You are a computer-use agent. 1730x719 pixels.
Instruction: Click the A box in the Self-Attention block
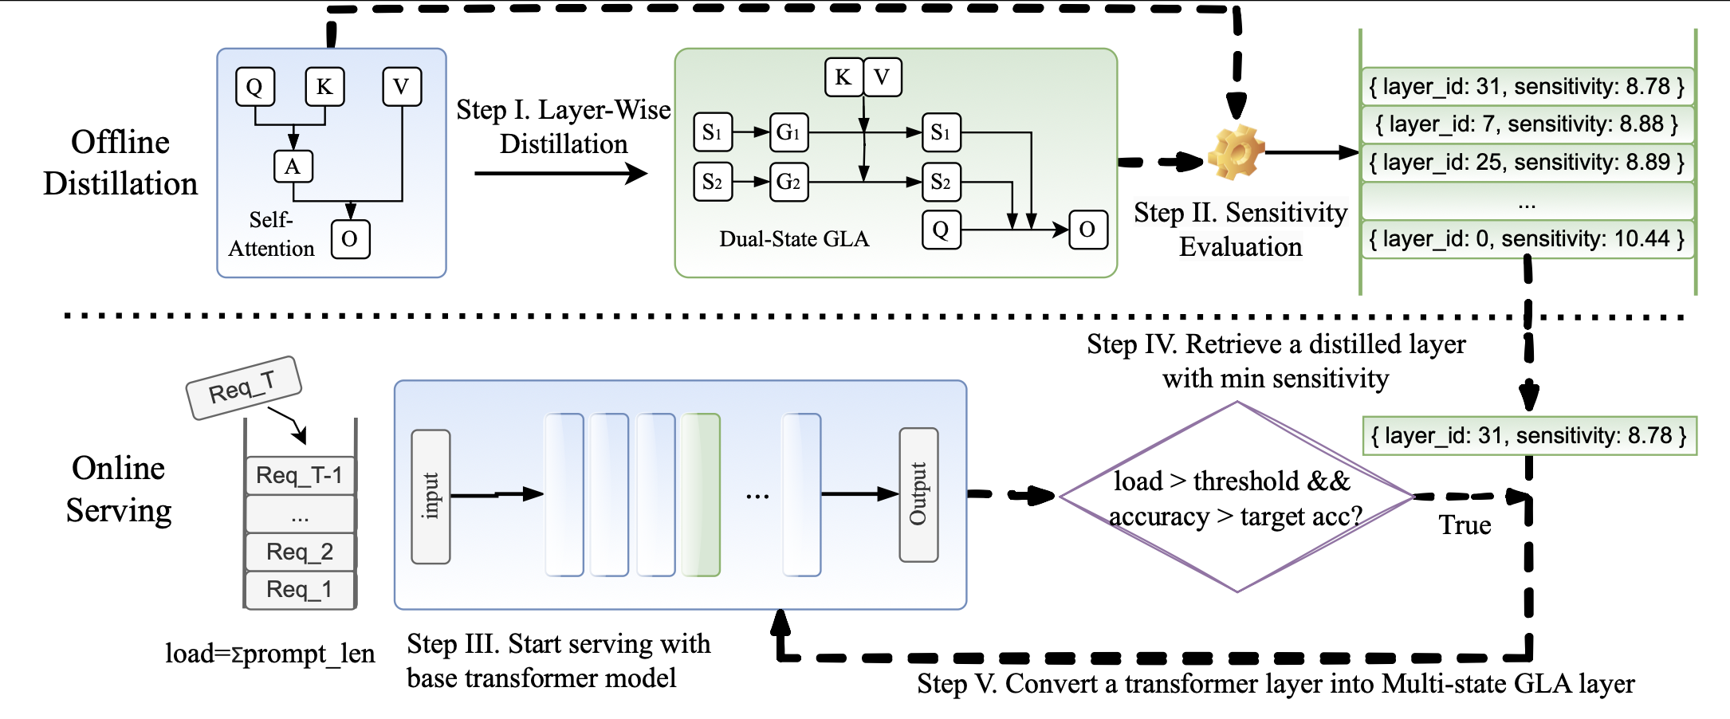[293, 167]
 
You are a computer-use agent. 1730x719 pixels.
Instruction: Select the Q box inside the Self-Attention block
[255, 87]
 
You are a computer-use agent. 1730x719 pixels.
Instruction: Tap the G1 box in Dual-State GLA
[788, 132]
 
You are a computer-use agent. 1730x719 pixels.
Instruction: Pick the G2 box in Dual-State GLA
[788, 182]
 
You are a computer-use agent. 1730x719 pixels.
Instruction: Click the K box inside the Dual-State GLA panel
[843, 77]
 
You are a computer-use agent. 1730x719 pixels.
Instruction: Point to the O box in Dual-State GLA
[1087, 230]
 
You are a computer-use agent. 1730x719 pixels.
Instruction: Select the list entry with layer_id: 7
[1527, 124]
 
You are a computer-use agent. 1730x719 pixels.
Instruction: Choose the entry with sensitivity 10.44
[1527, 239]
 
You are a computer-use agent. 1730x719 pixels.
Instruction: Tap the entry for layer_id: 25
[1527, 163]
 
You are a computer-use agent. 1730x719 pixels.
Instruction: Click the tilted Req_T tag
[243, 388]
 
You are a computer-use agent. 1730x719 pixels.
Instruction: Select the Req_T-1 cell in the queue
[300, 476]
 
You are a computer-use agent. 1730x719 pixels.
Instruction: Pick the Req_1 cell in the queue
[300, 590]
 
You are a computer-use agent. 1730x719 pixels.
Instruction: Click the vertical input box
[431, 497]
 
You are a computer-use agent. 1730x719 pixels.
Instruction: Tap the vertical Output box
[918, 494]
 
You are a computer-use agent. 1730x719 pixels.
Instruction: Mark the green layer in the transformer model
[702, 494]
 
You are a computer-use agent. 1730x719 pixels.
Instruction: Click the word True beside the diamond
[1465, 525]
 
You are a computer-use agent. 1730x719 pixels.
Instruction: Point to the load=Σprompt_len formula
[269, 654]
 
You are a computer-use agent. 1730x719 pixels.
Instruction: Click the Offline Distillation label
[120, 163]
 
